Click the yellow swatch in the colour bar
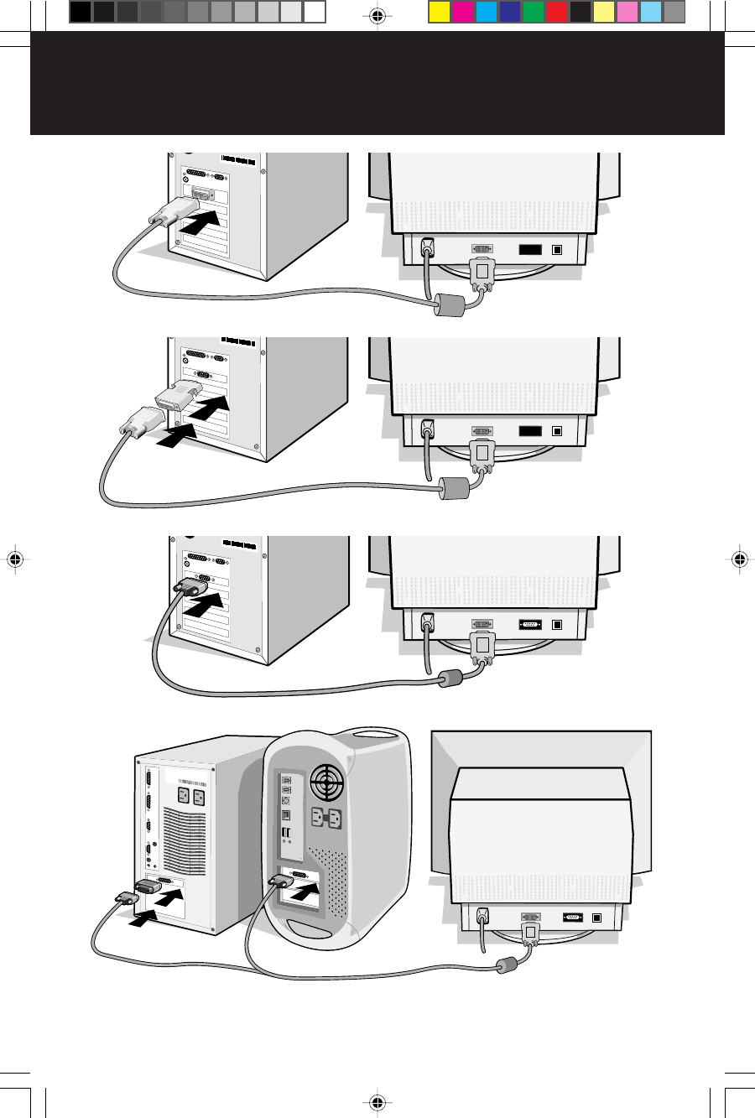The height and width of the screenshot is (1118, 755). coord(440,12)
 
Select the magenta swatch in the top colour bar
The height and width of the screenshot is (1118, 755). coord(462,12)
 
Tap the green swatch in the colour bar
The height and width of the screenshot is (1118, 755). coord(533,12)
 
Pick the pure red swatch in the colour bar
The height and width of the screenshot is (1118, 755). coord(556,12)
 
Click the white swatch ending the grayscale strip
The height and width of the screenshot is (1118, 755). coord(315,12)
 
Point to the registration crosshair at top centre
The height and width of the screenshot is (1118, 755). coord(377,15)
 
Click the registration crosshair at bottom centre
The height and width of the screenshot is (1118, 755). coord(377,1102)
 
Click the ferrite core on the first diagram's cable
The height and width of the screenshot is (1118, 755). coord(448,305)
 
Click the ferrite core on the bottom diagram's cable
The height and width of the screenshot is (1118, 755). coord(507,965)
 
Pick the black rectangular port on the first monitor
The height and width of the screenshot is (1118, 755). coord(529,248)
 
